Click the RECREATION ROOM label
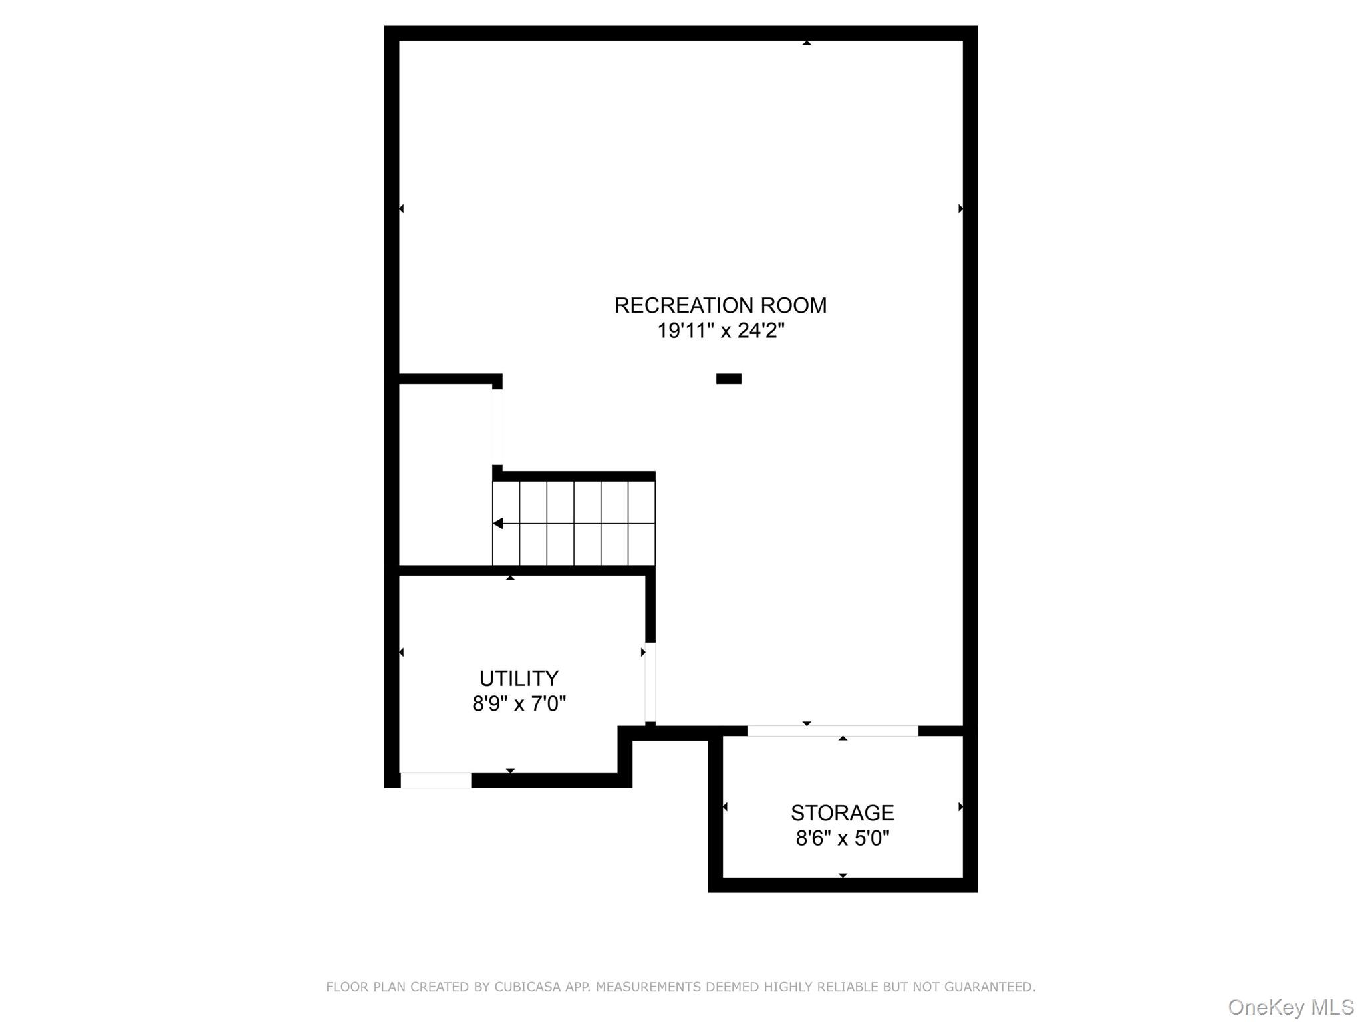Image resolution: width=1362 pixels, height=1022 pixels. point(720,305)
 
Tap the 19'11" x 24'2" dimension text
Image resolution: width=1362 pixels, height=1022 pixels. point(721,331)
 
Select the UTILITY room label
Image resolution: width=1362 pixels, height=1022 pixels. point(519,678)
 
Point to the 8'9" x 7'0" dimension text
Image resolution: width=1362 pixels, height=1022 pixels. point(519,703)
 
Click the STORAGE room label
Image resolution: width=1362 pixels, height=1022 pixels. point(842,812)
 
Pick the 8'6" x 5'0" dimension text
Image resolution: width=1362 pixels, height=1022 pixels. point(842,838)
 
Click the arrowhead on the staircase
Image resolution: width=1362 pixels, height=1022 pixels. point(498,524)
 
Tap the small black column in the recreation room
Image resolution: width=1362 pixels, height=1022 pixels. point(728,379)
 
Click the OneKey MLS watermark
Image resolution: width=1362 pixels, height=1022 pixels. point(1291,1007)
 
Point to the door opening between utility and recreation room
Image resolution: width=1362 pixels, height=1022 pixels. point(650,682)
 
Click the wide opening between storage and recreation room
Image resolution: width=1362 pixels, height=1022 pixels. point(833,731)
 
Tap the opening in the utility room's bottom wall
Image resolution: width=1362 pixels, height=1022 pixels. point(436,780)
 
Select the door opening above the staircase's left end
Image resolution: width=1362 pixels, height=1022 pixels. point(497,426)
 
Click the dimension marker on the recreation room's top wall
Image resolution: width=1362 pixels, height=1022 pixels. point(807,43)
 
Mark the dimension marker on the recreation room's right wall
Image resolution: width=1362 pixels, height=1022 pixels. point(960,208)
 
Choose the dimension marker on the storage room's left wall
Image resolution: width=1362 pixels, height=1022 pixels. point(725,807)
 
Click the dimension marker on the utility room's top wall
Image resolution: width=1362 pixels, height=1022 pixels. point(510,578)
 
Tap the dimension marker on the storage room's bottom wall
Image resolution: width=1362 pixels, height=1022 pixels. point(843,875)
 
